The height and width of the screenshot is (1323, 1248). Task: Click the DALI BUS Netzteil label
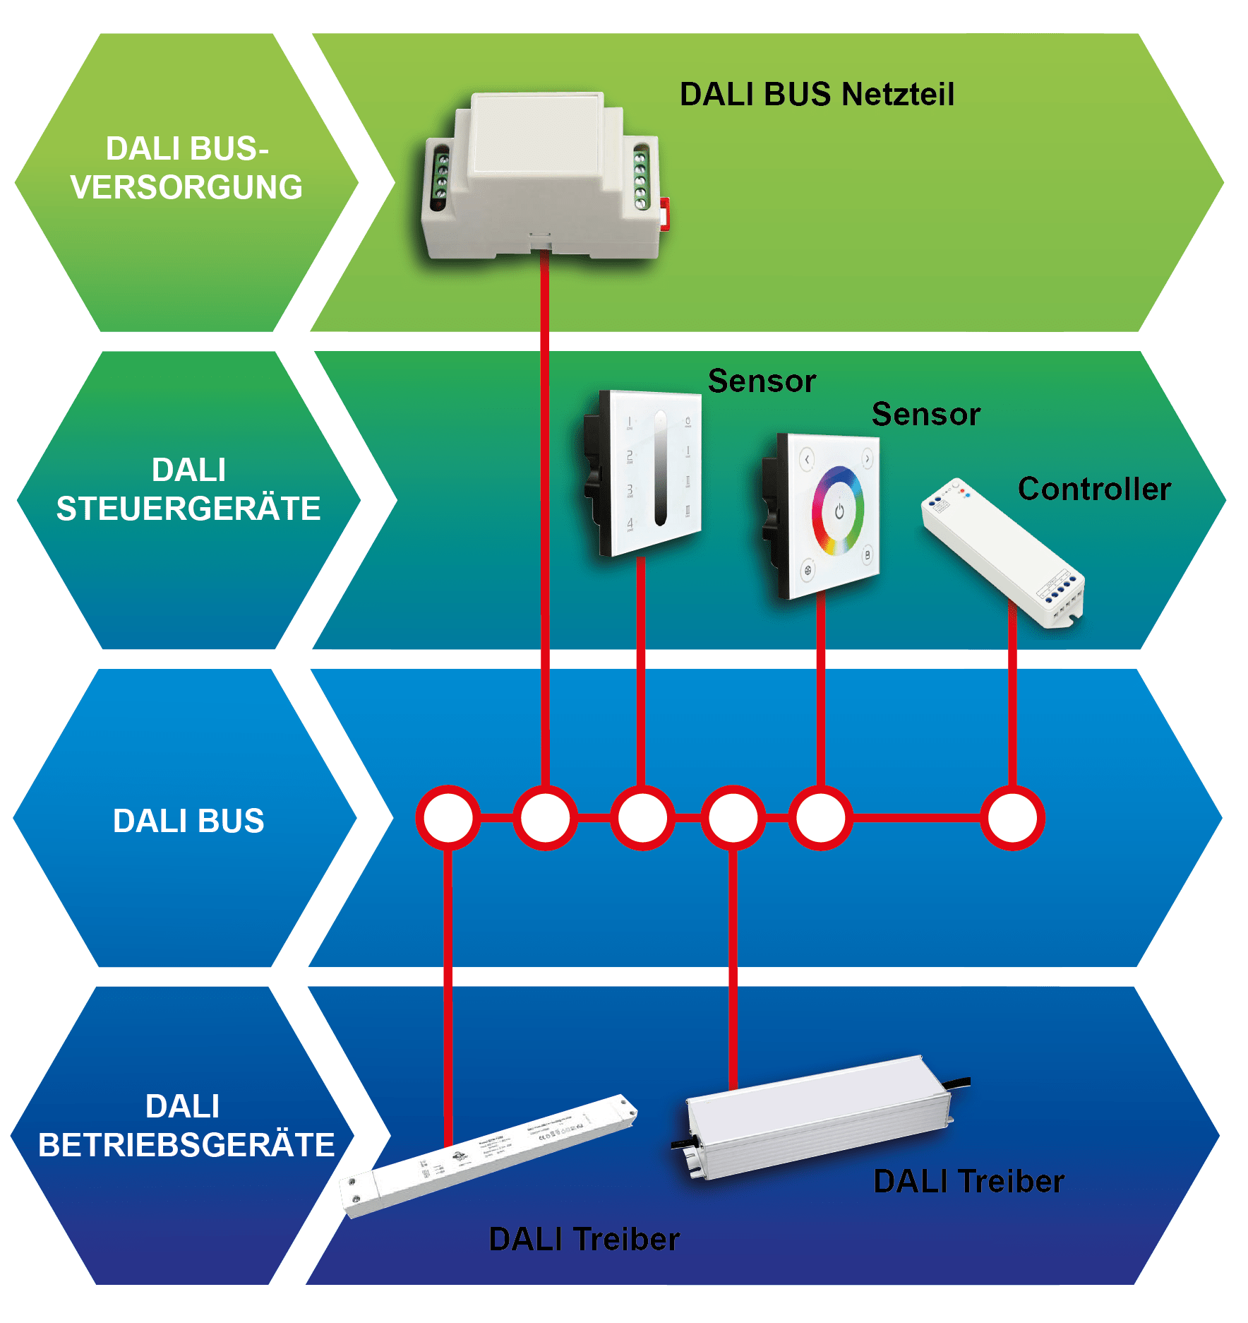pos(817,95)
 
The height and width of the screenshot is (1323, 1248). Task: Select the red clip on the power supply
pos(664,213)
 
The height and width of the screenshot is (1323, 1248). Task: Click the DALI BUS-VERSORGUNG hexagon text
pos(186,168)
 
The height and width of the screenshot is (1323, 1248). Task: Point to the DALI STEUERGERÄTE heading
pos(188,489)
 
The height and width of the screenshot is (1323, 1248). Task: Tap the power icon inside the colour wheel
pos(839,511)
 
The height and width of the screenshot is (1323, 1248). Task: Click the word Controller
pos(1094,489)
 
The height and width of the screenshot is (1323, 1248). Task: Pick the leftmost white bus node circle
pos(448,818)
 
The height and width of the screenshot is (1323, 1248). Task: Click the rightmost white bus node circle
pos(1012,818)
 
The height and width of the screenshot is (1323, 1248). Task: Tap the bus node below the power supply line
pos(545,818)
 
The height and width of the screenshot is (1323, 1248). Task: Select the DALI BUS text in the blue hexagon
pos(188,821)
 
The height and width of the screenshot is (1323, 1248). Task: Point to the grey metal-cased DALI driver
pos(819,1116)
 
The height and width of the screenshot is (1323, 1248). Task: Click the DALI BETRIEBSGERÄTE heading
pos(186,1125)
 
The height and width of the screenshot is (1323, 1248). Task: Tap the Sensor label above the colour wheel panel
pos(925,414)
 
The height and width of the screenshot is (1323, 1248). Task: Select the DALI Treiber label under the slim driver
pos(584,1239)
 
